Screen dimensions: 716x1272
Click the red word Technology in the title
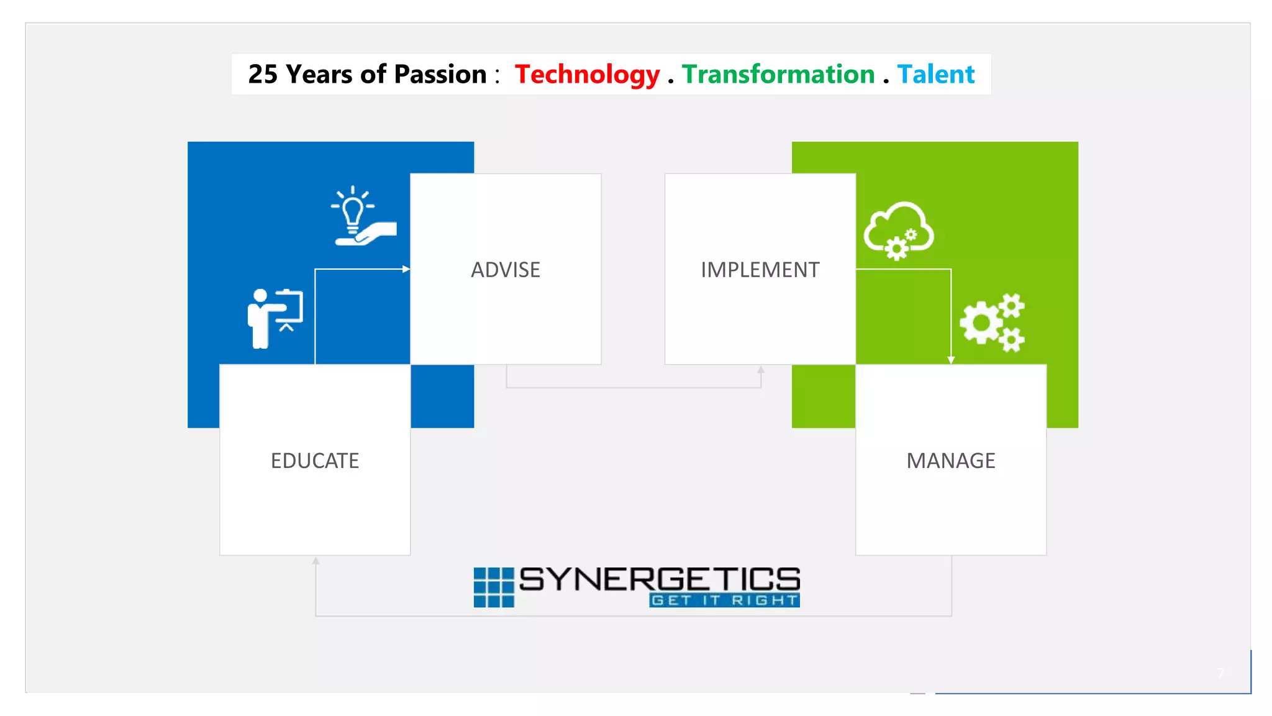[x=587, y=75]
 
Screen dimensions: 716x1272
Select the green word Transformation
[x=778, y=75]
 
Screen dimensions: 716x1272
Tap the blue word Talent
[x=935, y=75]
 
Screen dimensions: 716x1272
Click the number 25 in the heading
[x=263, y=75]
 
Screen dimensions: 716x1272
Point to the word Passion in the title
[x=440, y=75]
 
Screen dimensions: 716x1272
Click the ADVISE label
[x=506, y=270]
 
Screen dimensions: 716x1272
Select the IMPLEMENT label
[x=760, y=270]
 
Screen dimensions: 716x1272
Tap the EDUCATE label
[x=315, y=461]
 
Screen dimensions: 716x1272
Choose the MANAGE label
[x=951, y=461]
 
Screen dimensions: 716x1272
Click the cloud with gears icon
[x=898, y=230]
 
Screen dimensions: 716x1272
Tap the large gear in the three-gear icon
[x=981, y=323]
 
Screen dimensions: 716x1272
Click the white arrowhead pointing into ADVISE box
[x=406, y=269]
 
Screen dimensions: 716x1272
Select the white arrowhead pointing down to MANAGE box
[x=951, y=360]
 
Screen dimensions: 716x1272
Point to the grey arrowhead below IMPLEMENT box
[x=761, y=369]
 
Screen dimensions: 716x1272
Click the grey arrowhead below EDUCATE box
[x=316, y=561]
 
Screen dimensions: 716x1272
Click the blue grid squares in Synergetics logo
[x=494, y=587]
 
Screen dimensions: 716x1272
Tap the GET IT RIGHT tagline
[x=724, y=600]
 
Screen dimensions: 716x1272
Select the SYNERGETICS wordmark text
[x=660, y=579]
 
